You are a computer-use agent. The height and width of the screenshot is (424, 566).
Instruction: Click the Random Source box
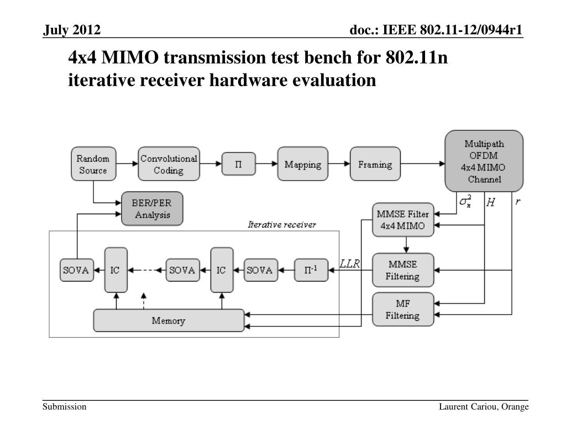[x=93, y=164]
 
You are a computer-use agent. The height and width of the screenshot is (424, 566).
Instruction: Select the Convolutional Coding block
[x=169, y=164]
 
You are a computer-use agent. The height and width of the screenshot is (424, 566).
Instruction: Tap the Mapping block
[x=303, y=164]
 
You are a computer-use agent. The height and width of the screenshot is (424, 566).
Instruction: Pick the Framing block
[x=375, y=164]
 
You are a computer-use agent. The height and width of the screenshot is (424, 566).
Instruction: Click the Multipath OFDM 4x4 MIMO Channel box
[x=484, y=161]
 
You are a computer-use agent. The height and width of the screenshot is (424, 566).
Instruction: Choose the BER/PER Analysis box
[x=151, y=209]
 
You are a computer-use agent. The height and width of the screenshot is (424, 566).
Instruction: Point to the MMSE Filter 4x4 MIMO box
[x=402, y=220]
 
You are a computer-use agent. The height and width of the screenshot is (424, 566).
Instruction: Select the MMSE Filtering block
[x=402, y=270]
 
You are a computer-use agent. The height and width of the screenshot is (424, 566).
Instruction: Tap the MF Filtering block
[x=402, y=309]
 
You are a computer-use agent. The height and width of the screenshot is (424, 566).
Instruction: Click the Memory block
[x=169, y=321]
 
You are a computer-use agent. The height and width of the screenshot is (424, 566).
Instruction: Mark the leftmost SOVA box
[x=76, y=270]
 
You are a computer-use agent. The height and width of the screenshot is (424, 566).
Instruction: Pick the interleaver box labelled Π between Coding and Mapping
[x=239, y=164]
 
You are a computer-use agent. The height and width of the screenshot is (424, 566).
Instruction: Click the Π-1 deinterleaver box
[x=311, y=270]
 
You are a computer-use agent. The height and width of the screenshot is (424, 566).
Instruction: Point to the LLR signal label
[x=349, y=264]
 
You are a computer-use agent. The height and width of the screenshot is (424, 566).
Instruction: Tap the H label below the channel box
[x=490, y=203]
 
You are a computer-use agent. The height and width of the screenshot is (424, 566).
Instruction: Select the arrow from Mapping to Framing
[x=339, y=164]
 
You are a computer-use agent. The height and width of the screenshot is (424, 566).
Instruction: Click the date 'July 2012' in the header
[x=72, y=30]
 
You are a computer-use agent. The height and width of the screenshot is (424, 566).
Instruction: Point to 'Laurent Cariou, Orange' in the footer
[x=484, y=407]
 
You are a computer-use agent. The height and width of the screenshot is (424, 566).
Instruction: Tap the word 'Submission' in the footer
[x=65, y=407]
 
